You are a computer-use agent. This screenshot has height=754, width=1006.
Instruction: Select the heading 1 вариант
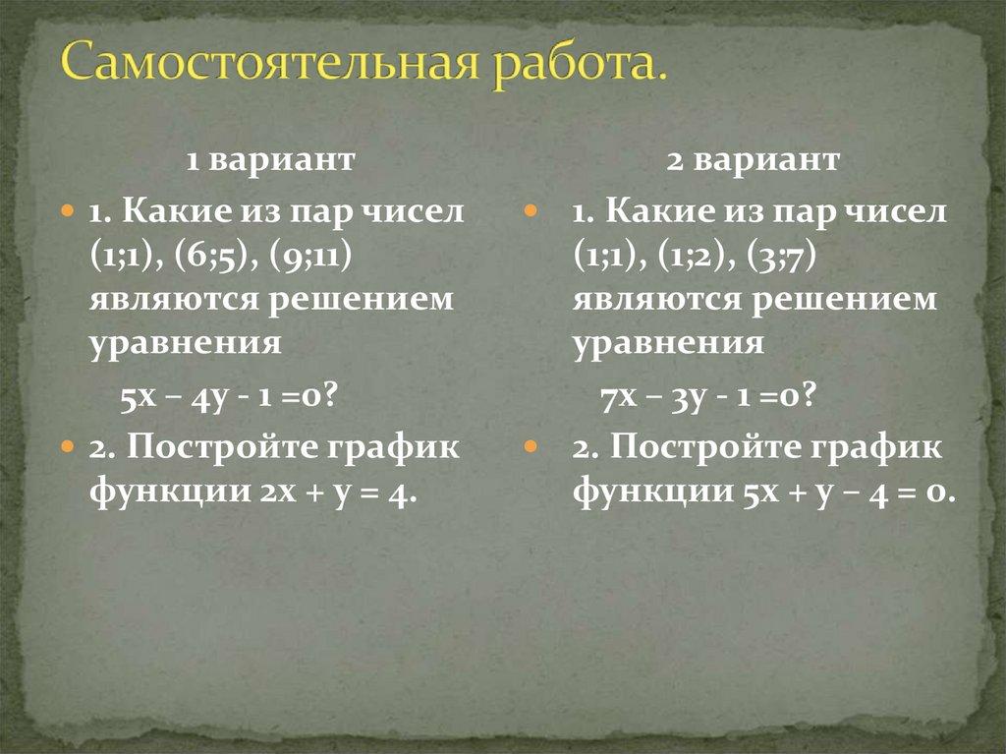pyautogui.click(x=270, y=160)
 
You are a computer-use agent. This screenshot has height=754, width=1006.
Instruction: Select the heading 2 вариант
pyautogui.click(x=754, y=160)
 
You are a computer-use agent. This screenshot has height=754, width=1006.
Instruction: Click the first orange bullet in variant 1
pyautogui.click(x=67, y=211)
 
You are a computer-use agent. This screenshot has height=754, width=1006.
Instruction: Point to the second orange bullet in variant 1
pyautogui.click(x=67, y=446)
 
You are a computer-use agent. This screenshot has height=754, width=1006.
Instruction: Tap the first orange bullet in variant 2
pyautogui.click(x=531, y=211)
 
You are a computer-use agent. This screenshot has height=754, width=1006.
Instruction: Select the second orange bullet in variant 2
pyautogui.click(x=531, y=446)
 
